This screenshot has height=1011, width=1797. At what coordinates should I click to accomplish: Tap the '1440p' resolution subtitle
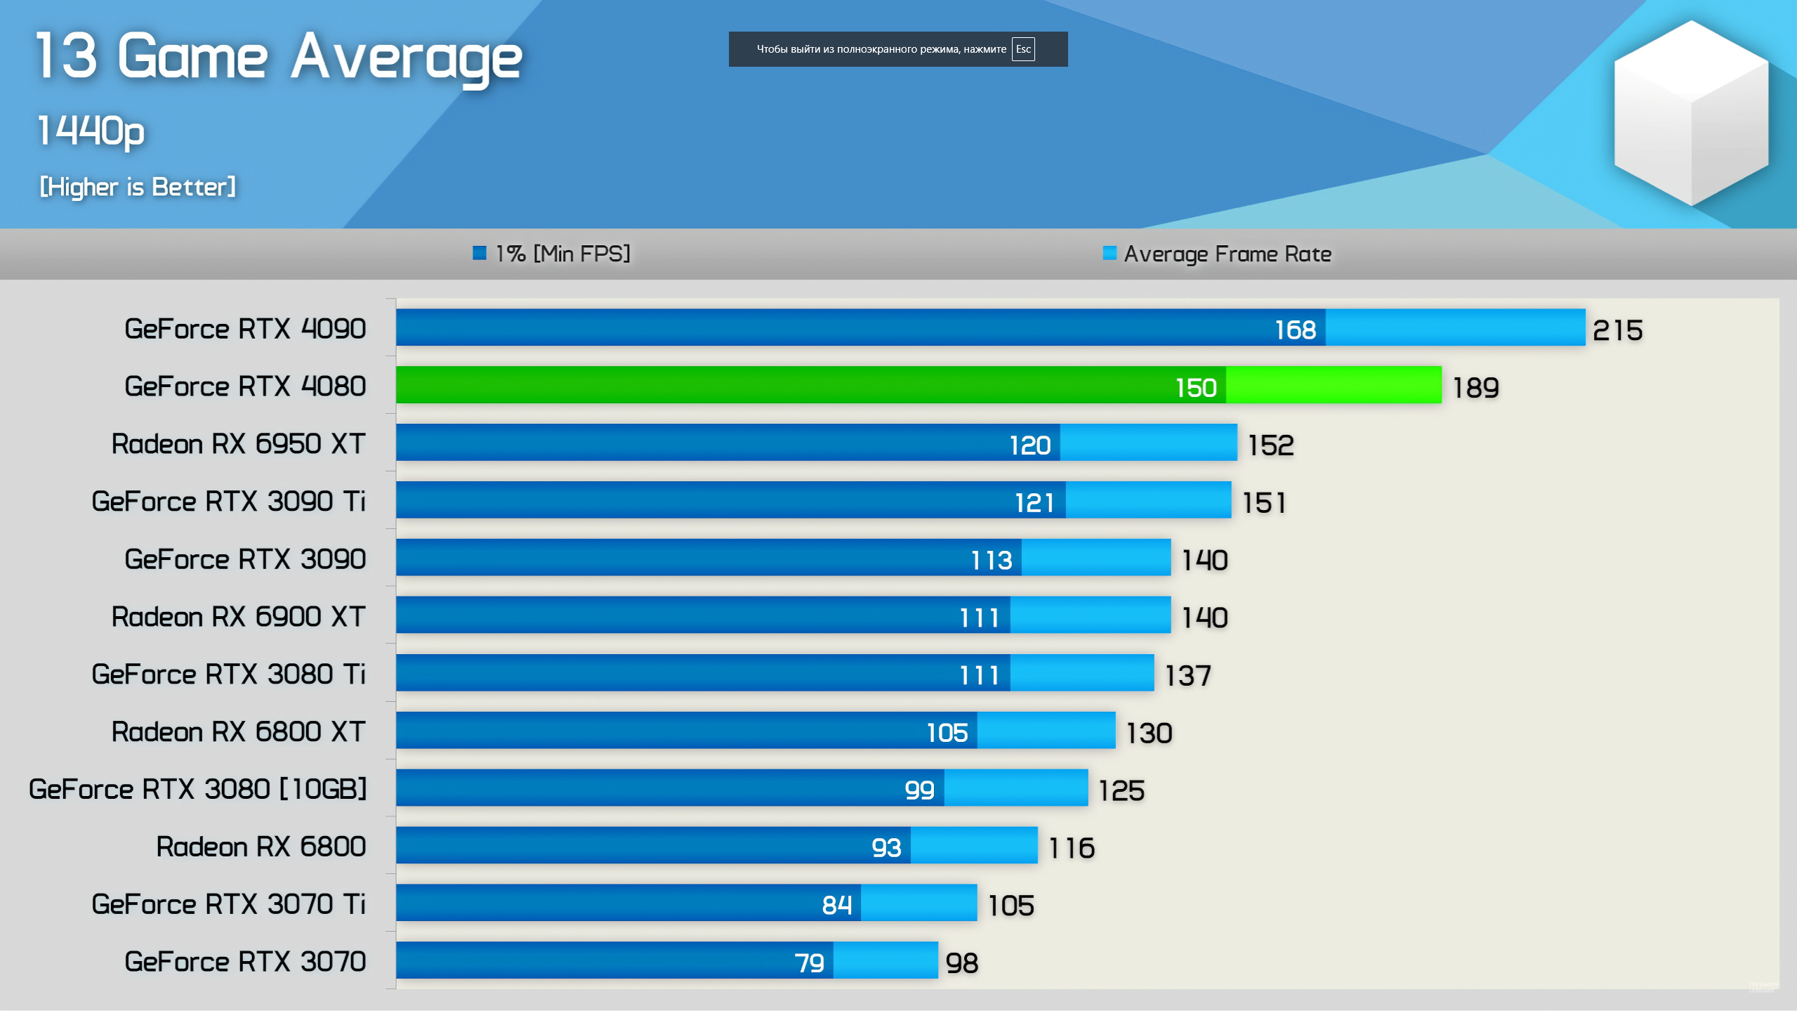coord(91,131)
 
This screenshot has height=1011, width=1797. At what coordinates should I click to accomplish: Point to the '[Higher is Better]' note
coord(138,187)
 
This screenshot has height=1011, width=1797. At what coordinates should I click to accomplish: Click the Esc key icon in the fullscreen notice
coord(1022,49)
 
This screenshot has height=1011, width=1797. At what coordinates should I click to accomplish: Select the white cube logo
coord(1691,112)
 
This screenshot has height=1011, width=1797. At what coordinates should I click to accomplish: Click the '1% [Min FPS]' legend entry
coord(552,254)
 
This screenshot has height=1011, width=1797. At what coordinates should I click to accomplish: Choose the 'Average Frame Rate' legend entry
coord(1218,254)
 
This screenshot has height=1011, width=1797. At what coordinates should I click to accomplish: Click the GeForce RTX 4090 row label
coord(245,329)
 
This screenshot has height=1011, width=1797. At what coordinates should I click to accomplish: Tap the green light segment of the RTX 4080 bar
coord(1333,385)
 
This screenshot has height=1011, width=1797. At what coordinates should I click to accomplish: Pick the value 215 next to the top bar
coord(1617,330)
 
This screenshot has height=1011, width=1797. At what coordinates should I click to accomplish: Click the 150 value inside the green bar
coord(1195,388)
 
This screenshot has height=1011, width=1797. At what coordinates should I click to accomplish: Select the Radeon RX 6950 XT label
coord(238,444)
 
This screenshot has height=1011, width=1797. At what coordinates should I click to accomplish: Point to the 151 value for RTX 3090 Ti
coord(1264,503)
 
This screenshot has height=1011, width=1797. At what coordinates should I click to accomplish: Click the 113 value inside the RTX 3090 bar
coord(991,561)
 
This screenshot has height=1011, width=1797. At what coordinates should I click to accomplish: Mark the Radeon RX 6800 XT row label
coord(238,732)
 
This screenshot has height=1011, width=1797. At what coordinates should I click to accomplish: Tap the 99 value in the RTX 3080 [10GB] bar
coord(919,790)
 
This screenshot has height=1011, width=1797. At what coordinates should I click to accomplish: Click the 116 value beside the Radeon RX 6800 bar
coord(1071,849)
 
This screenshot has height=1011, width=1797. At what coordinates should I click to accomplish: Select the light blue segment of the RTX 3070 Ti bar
coord(919,903)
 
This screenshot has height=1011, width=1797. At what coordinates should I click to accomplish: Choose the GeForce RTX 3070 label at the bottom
coord(245,962)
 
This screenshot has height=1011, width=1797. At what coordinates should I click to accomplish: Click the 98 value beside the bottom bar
coord(961,963)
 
